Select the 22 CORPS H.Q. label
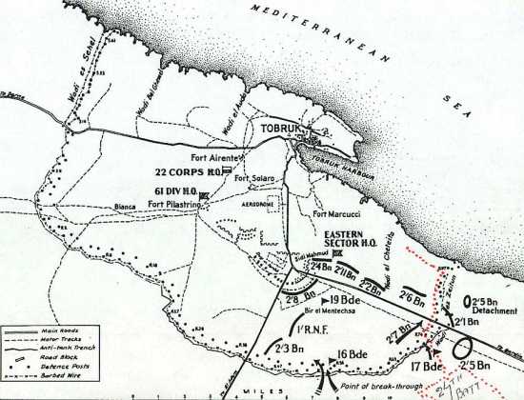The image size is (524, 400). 185,172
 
